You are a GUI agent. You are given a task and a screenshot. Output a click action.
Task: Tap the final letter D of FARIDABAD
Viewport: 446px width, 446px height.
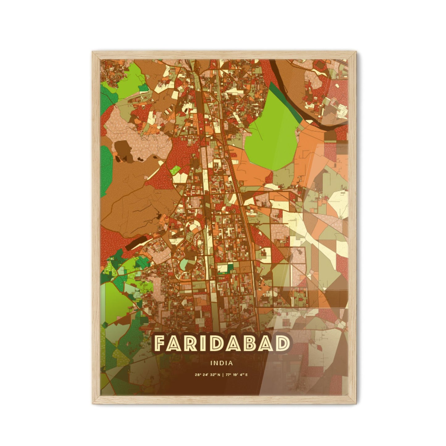pos(283,344)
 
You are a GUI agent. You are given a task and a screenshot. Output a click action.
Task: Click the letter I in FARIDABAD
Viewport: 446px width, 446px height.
pos(203,344)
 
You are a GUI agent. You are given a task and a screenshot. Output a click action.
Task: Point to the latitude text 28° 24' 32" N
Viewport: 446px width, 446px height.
pos(207,375)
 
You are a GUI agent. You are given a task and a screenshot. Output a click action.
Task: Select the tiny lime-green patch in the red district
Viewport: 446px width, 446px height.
pos(175,169)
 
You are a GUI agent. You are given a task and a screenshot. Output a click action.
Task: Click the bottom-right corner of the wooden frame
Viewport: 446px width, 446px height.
pos(354,403)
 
